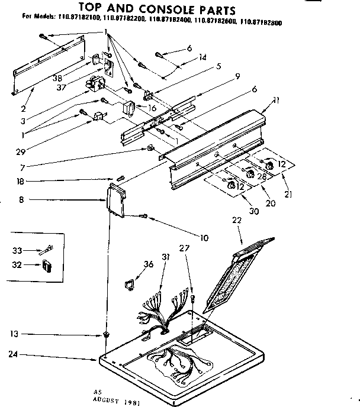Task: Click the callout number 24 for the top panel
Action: (12, 356)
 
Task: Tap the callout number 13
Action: (12, 334)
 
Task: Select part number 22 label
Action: (237, 220)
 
